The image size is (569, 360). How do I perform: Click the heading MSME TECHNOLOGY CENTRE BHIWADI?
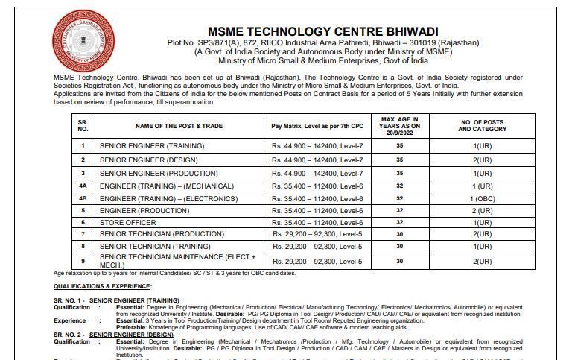click(323, 31)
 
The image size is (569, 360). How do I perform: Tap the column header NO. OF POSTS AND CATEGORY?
click(482, 127)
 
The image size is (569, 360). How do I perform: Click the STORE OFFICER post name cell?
click(127, 223)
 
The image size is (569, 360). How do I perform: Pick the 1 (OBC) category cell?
click(482, 198)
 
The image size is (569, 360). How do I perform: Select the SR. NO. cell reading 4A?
click(83, 186)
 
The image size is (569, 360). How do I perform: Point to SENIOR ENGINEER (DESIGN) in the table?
click(142, 160)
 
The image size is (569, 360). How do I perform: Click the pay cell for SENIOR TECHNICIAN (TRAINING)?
click(317, 246)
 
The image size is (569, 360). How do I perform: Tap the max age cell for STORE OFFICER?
click(400, 223)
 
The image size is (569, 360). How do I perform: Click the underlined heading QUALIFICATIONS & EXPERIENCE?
click(102, 285)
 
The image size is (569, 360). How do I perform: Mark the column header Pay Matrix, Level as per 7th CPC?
click(317, 127)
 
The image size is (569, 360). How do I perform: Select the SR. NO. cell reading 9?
click(83, 261)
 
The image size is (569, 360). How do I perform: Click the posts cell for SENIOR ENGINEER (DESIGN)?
click(482, 160)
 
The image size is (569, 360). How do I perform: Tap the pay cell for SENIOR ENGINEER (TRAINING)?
click(317, 145)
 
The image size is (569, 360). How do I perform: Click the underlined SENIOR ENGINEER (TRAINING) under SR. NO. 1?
click(134, 300)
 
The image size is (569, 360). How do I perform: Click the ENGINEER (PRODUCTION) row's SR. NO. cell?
click(83, 211)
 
